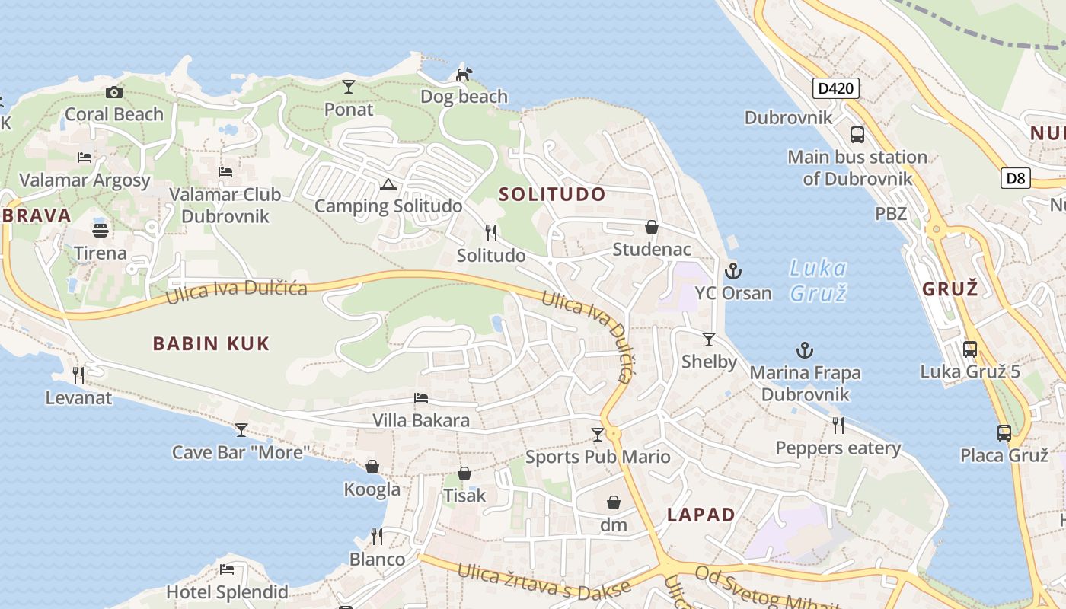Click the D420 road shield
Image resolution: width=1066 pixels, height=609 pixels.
click(x=835, y=88)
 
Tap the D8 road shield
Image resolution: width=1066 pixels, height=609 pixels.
click(x=1016, y=179)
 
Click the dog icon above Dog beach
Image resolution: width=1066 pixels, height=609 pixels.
click(x=464, y=74)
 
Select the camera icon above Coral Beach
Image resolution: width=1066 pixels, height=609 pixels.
click(x=114, y=92)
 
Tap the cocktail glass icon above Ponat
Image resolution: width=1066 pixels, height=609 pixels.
click(x=349, y=87)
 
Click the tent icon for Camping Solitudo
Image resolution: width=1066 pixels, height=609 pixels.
click(x=388, y=184)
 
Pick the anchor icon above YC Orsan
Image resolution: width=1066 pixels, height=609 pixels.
click(x=732, y=270)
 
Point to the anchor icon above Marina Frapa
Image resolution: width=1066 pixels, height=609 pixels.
click(x=805, y=350)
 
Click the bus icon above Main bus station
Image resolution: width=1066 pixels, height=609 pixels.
click(x=857, y=135)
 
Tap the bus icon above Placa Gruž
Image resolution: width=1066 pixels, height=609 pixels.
click(x=1004, y=433)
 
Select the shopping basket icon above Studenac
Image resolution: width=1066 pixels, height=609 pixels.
click(x=652, y=227)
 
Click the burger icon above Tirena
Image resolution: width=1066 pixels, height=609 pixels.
click(x=101, y=230)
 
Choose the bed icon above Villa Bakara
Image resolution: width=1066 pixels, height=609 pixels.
click(x=421, y=398)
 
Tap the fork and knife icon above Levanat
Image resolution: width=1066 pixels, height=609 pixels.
click(x=78, y=375)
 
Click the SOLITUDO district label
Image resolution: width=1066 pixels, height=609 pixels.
click(x=552, y=194)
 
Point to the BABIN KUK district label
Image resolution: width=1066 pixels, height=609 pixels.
click(x=211, y=343)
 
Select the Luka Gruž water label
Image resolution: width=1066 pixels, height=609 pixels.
click(x=819, y=280)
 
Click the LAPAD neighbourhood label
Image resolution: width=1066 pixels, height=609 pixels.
click(x=701, y=515)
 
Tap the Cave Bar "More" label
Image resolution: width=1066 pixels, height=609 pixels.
click(x=241, y=452)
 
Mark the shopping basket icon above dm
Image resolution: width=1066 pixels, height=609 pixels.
click(x=614, y=502)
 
